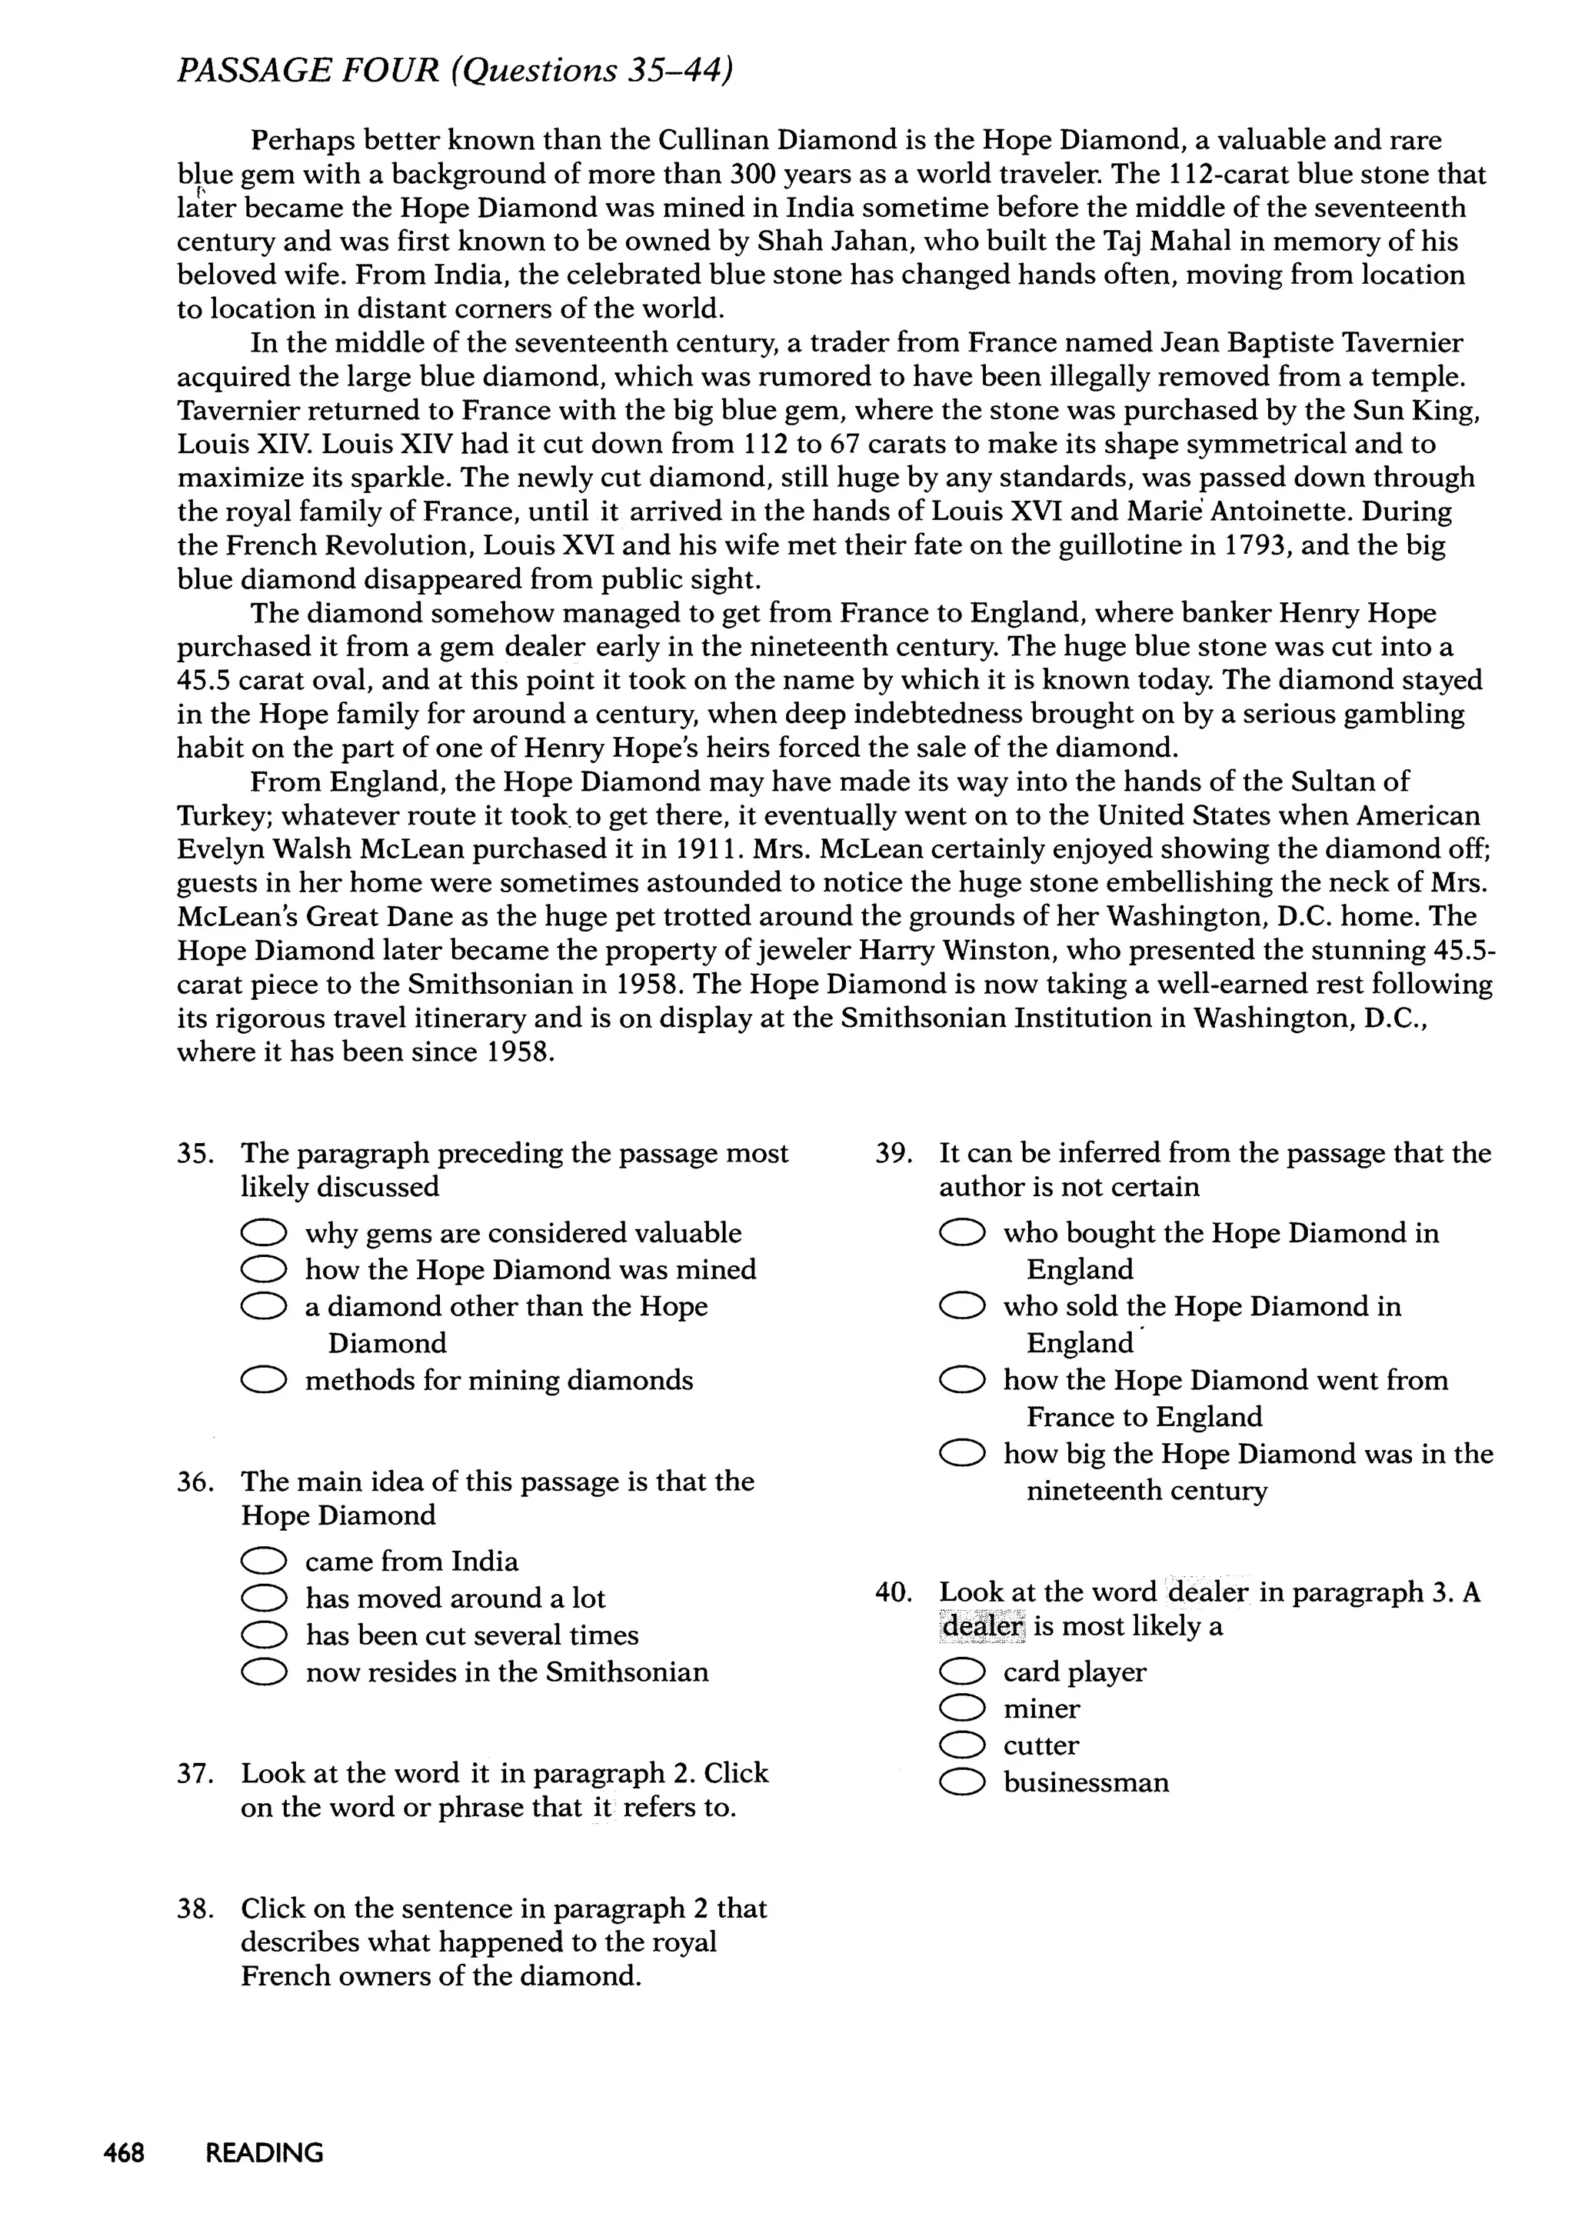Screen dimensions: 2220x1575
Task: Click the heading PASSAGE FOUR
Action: [x=308, y=71]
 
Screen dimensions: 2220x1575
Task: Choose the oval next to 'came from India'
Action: [x=264, y=1561]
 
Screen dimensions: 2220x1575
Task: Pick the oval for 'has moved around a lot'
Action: [x=264, y=1598]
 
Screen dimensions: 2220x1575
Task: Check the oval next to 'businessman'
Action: [x=962, y=1782]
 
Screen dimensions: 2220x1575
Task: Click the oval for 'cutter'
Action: [x=962, y=1745]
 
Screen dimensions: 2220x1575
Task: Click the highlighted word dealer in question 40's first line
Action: [x=1208, y=1592]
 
